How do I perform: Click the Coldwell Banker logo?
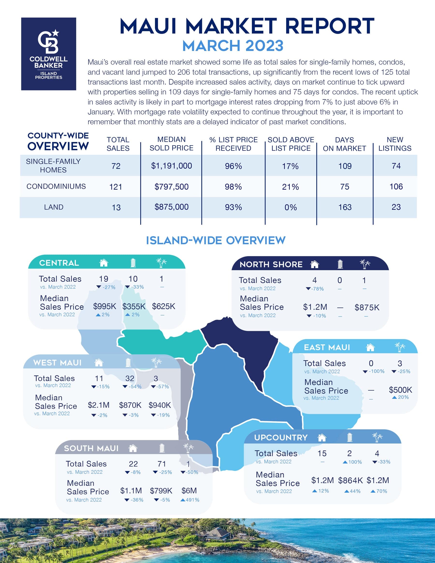48,54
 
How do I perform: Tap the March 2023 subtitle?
233,46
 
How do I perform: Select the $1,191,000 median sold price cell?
171,166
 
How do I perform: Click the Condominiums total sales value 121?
116,187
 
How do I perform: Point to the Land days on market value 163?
345,207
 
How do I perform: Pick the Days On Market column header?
344,144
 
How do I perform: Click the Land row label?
54,207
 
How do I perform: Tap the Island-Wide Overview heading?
216,241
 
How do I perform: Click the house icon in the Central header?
104,263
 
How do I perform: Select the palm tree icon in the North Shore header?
365,264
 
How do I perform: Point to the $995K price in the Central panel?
104,306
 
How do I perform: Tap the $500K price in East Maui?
400,390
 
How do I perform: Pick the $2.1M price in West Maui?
98,405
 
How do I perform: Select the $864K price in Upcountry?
350,480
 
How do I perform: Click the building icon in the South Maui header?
162,448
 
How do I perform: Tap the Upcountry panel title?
281,438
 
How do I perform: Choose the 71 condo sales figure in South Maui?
162,464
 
